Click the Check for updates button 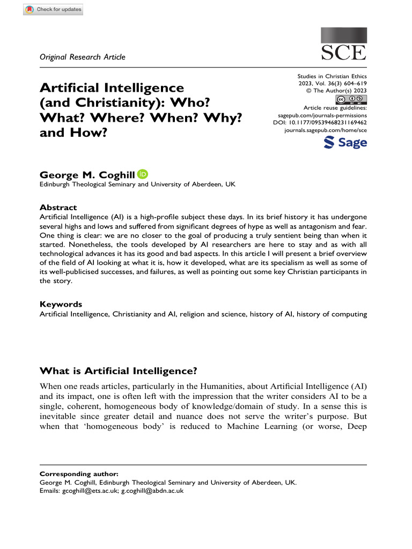(x=53, y=9)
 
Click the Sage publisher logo (x=345, y=143)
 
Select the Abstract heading (x=58, y=207)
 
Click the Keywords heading (x=61, y=304)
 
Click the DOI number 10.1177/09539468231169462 (x=333, y=122)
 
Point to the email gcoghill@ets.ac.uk (x=90, y=490)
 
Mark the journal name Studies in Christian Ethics (x=332, y=77)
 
